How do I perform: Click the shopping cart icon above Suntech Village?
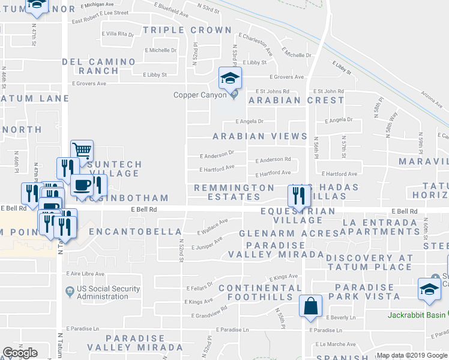(82, 149)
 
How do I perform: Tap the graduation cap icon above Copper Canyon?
(229, 78)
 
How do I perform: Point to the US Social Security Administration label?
(109, 292)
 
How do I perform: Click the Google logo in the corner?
(20, 353)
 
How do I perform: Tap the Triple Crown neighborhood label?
(187, 30)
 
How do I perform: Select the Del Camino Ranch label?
(98, 66)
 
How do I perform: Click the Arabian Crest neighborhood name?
(297, 100)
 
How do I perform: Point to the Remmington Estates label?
(234, 192)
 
